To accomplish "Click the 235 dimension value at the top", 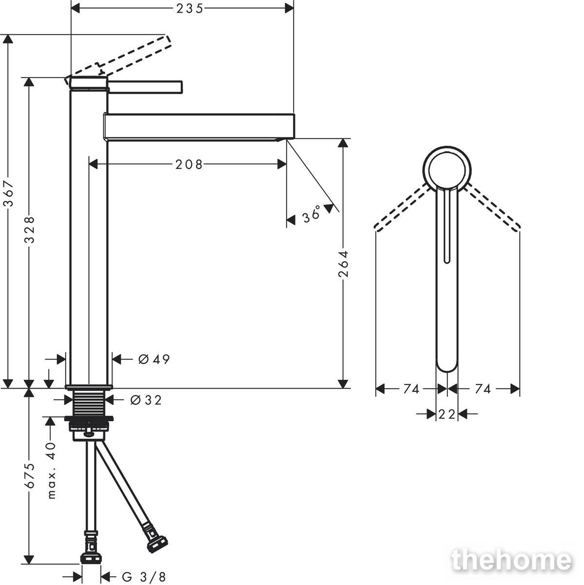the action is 190,9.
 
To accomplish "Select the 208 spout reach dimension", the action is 189,165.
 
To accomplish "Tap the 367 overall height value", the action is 9,194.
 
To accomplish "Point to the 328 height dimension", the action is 29,230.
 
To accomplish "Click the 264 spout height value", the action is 343,264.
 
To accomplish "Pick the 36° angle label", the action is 311,214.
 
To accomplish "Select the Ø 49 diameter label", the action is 154,359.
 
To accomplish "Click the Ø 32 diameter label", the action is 146,400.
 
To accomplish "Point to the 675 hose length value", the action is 29,476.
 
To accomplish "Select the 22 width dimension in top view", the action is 447,414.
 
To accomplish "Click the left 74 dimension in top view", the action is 411,389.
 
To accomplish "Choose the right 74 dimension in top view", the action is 483,389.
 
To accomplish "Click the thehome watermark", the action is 512,561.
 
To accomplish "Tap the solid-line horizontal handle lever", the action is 145,87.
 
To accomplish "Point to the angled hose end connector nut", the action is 157,545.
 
